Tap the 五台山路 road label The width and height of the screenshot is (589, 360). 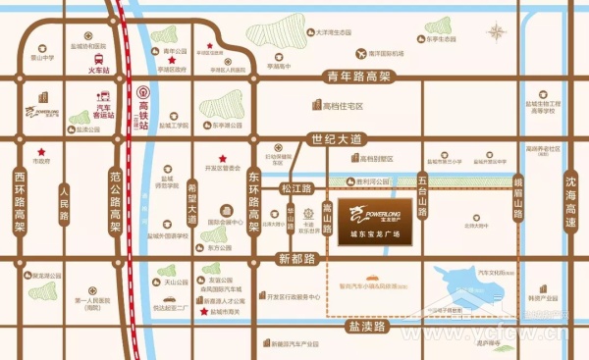422,197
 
